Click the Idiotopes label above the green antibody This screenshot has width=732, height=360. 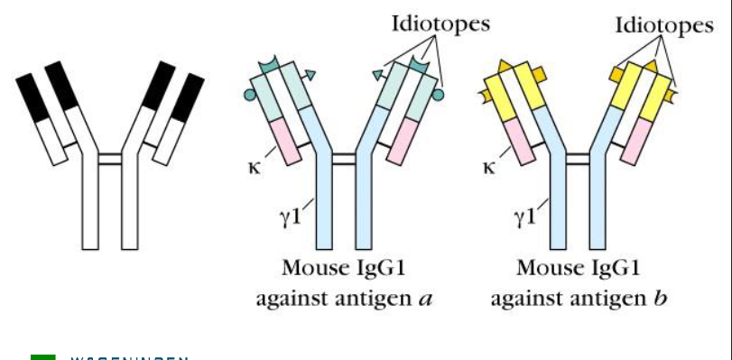(440, 23)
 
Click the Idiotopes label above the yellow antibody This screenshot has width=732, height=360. (663, 25)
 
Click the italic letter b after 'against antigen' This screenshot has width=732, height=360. (660, 297)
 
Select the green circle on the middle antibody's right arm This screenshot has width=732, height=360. (439, 94)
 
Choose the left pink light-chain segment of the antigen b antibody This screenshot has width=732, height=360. (522, 143)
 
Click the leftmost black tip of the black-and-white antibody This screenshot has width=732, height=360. (32, 96)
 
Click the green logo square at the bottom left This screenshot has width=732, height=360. (42, 357)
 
